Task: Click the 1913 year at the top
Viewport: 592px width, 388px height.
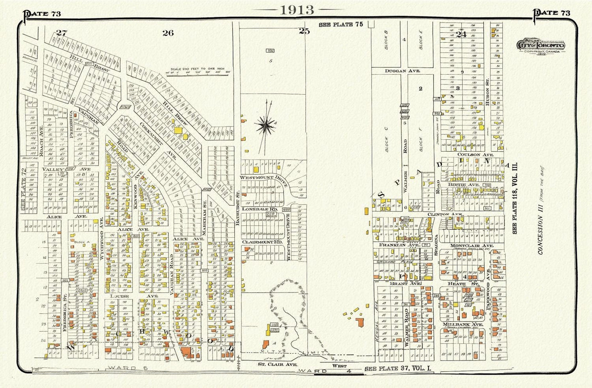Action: (297, 10)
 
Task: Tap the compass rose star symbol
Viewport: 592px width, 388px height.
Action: (267, 124)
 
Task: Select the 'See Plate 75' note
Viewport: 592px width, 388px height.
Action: (341, 25)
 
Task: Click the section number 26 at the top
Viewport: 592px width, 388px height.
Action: (168, 33)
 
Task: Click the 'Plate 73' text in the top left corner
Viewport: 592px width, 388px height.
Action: (43, 14)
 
